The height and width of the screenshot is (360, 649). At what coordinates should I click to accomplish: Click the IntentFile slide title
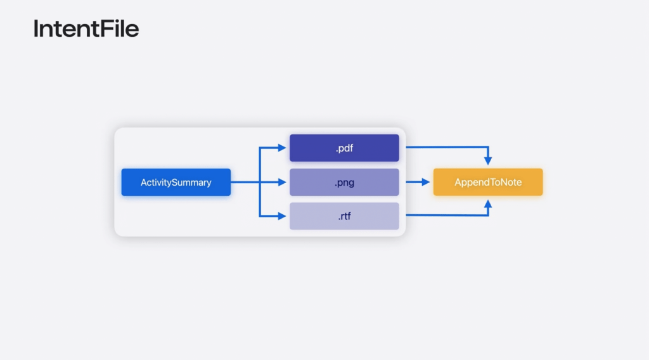(86, 29)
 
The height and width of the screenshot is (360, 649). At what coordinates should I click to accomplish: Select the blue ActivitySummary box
(176, 183)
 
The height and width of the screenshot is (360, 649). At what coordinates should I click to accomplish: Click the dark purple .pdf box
(344, 148)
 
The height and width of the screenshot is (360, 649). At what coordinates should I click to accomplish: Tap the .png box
(344, 183)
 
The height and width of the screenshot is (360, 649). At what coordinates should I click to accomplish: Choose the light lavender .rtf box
(344, 216)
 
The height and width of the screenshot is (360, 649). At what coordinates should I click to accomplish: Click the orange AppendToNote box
(488, 183)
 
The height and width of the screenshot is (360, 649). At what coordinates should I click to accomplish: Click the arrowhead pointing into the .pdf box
(283, 148)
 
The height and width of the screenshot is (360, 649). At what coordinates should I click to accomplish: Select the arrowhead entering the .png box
(283, 183)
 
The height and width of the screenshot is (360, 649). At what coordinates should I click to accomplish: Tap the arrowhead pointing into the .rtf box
(283, 216)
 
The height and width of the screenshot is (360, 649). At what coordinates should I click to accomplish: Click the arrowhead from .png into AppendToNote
(427, 183)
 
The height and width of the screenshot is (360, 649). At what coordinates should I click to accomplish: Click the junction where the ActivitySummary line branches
(260, 183)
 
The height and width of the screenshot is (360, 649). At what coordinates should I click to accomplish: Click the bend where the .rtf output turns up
(488, 216)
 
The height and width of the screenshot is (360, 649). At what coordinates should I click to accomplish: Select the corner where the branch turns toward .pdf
(260, 148)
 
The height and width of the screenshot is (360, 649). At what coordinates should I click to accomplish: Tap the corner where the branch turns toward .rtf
(260, 216)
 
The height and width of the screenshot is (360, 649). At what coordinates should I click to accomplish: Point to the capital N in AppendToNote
(504, 183)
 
